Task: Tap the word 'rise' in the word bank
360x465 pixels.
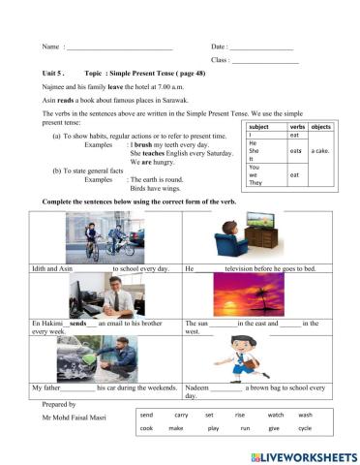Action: point(239,414)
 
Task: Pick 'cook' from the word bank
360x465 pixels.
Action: point(146,427)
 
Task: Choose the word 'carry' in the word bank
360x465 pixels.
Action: point(181,414)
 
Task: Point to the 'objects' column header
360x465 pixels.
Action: point(321,127)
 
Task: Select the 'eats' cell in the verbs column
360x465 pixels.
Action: point(297,150)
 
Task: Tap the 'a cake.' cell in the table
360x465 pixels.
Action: point(321,150)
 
